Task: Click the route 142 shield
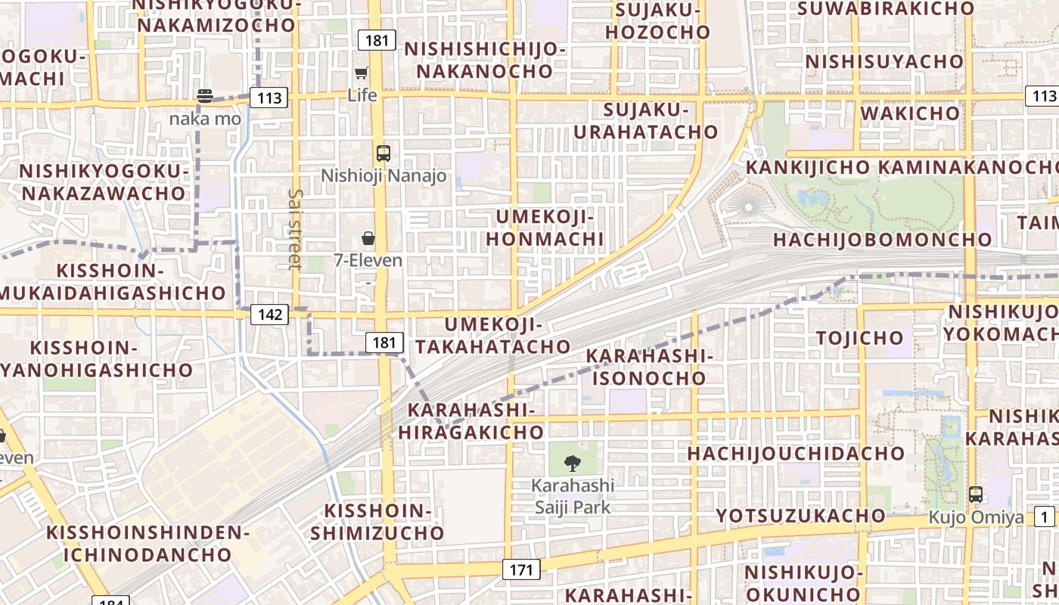coord(269,314)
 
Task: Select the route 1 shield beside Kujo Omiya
coord(1045,517)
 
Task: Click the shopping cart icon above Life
coord(362,73)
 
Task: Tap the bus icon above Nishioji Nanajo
coord(384,154)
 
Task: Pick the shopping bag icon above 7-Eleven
coord(368,239)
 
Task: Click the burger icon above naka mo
coord(205,96)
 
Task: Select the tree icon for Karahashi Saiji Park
coord(573,463)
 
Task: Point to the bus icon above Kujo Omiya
coord(976,495)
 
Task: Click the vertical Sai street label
coord(295,229)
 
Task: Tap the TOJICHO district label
coord(860,337)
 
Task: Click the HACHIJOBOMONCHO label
coord(882,240)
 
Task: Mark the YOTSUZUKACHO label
coord(800,516)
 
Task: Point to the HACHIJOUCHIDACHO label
coord(796,454)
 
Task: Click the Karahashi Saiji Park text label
coord(573,496)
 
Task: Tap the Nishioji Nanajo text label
coord(384,175)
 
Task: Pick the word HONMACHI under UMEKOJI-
coord(545,239)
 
